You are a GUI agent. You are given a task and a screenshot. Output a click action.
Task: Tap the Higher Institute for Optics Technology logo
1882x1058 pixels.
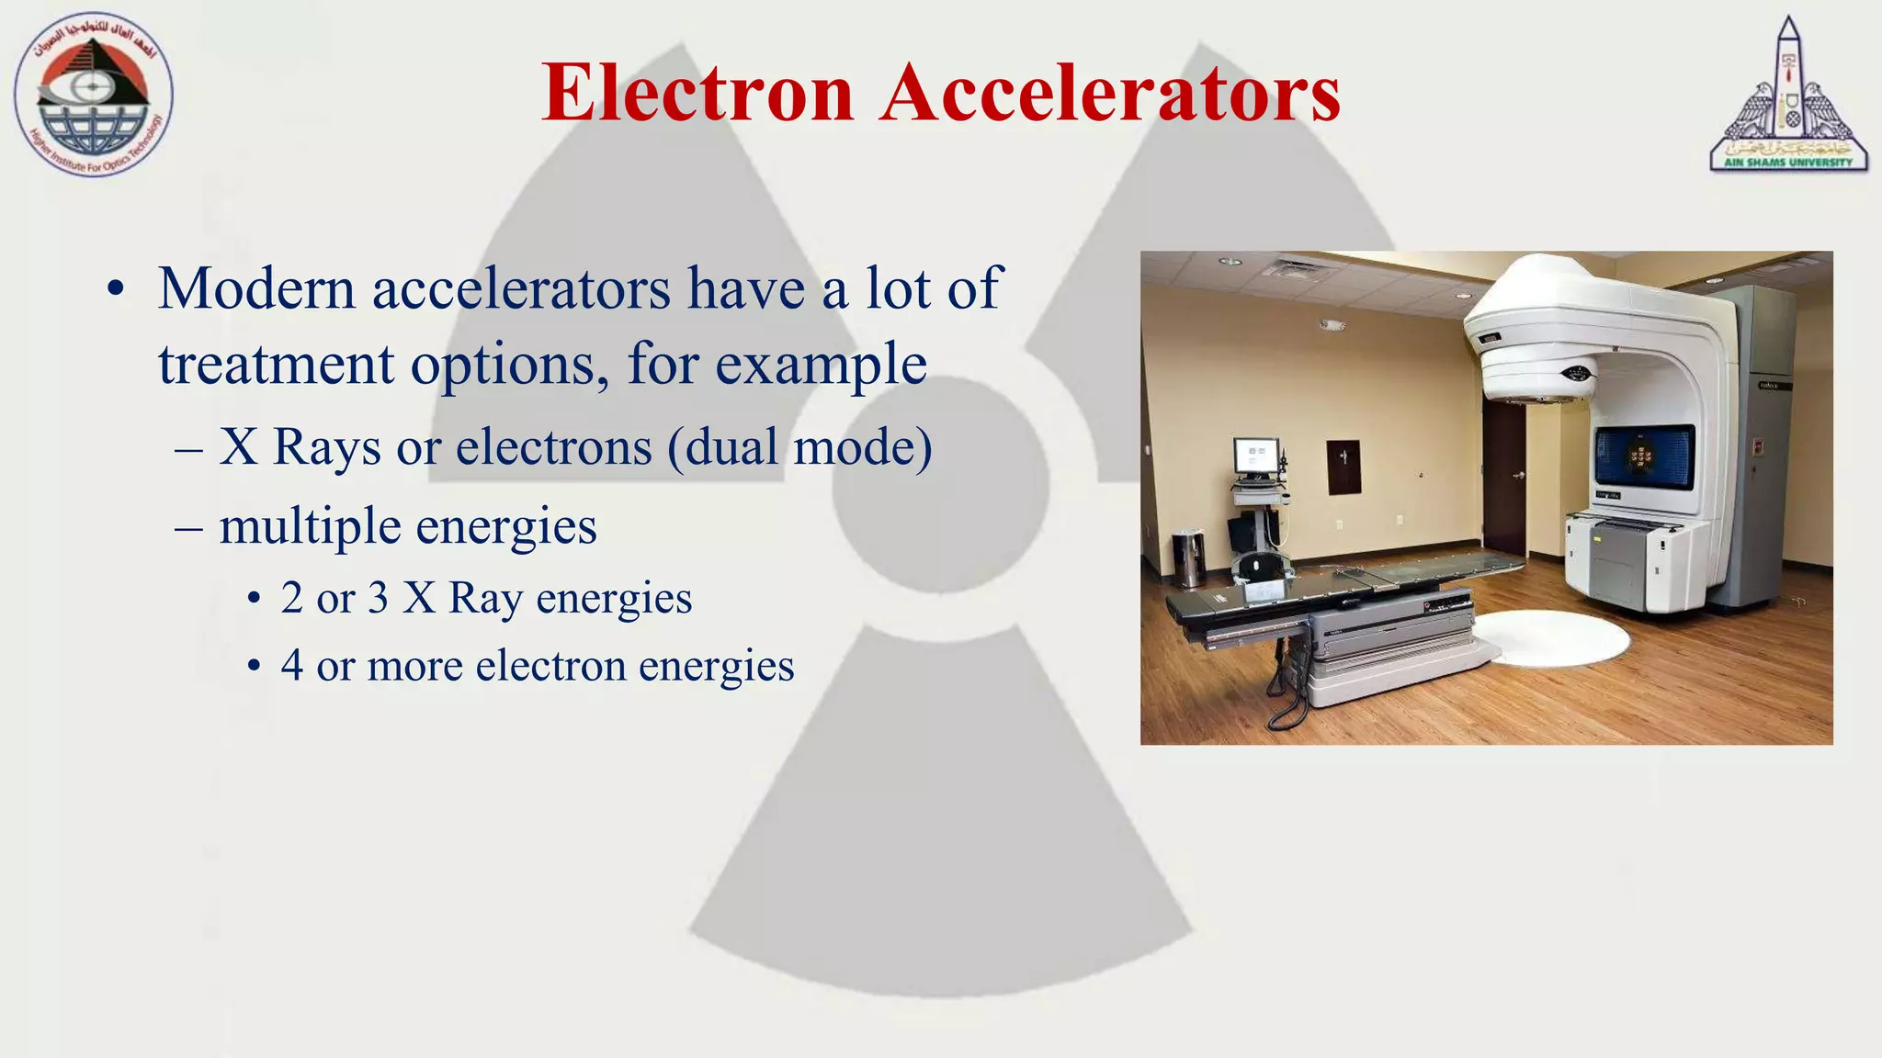[x=93, y=96]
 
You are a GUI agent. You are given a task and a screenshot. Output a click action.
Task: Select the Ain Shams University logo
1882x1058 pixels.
[x=1787, y=96]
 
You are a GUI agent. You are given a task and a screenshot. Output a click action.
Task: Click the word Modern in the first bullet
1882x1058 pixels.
[x=256, y=288]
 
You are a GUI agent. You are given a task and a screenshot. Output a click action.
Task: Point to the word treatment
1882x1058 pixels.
[x=275, y=365]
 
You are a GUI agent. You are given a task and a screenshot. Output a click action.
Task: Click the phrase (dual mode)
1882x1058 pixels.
[x=799, y=448]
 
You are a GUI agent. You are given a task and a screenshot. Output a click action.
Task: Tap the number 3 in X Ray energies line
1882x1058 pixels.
[x=378, y=598]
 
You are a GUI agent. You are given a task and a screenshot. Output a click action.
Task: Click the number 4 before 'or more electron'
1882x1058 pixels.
[x=291, y=665]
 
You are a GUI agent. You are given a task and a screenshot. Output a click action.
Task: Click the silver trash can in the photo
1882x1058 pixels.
[x=1188, y=557]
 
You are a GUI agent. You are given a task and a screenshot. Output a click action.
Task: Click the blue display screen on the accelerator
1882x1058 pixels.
[x=1644, y=457]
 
